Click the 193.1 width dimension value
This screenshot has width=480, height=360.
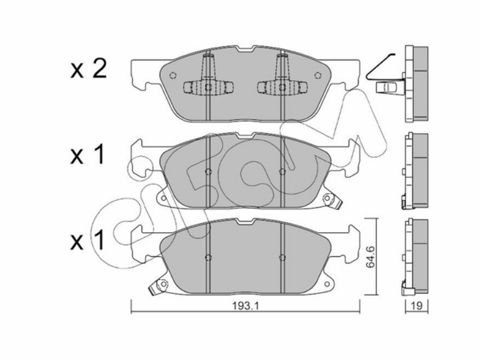pos(245,306)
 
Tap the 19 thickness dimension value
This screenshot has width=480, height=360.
pos(417,305)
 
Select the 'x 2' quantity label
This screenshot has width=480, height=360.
pos(88,70)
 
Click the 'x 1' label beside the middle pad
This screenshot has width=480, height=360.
pos(88,155)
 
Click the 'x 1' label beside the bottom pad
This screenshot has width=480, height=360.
pos(88,241)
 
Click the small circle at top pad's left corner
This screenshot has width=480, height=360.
pos(173,76)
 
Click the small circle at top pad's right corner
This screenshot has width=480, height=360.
pos(318,76)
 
